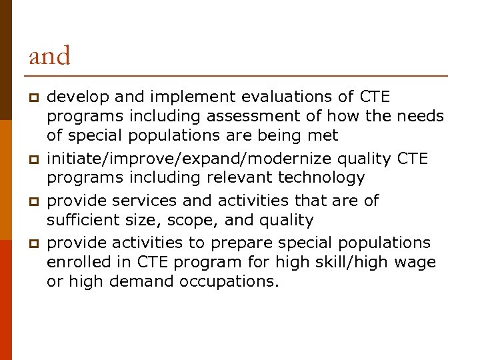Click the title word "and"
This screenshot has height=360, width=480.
pos(49,56)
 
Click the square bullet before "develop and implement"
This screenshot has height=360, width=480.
pos(31,98)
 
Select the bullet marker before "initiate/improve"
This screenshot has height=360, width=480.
pos(31,159)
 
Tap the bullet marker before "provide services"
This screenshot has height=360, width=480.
pos(31,201)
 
